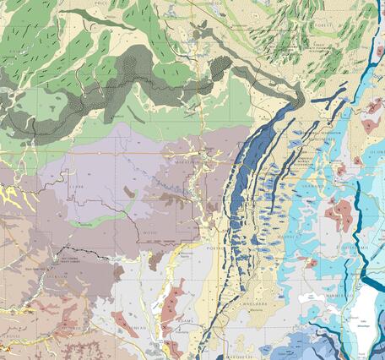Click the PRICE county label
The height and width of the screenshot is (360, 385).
[x=101, y=3]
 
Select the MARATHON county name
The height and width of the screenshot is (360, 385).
[x=188, y=160]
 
